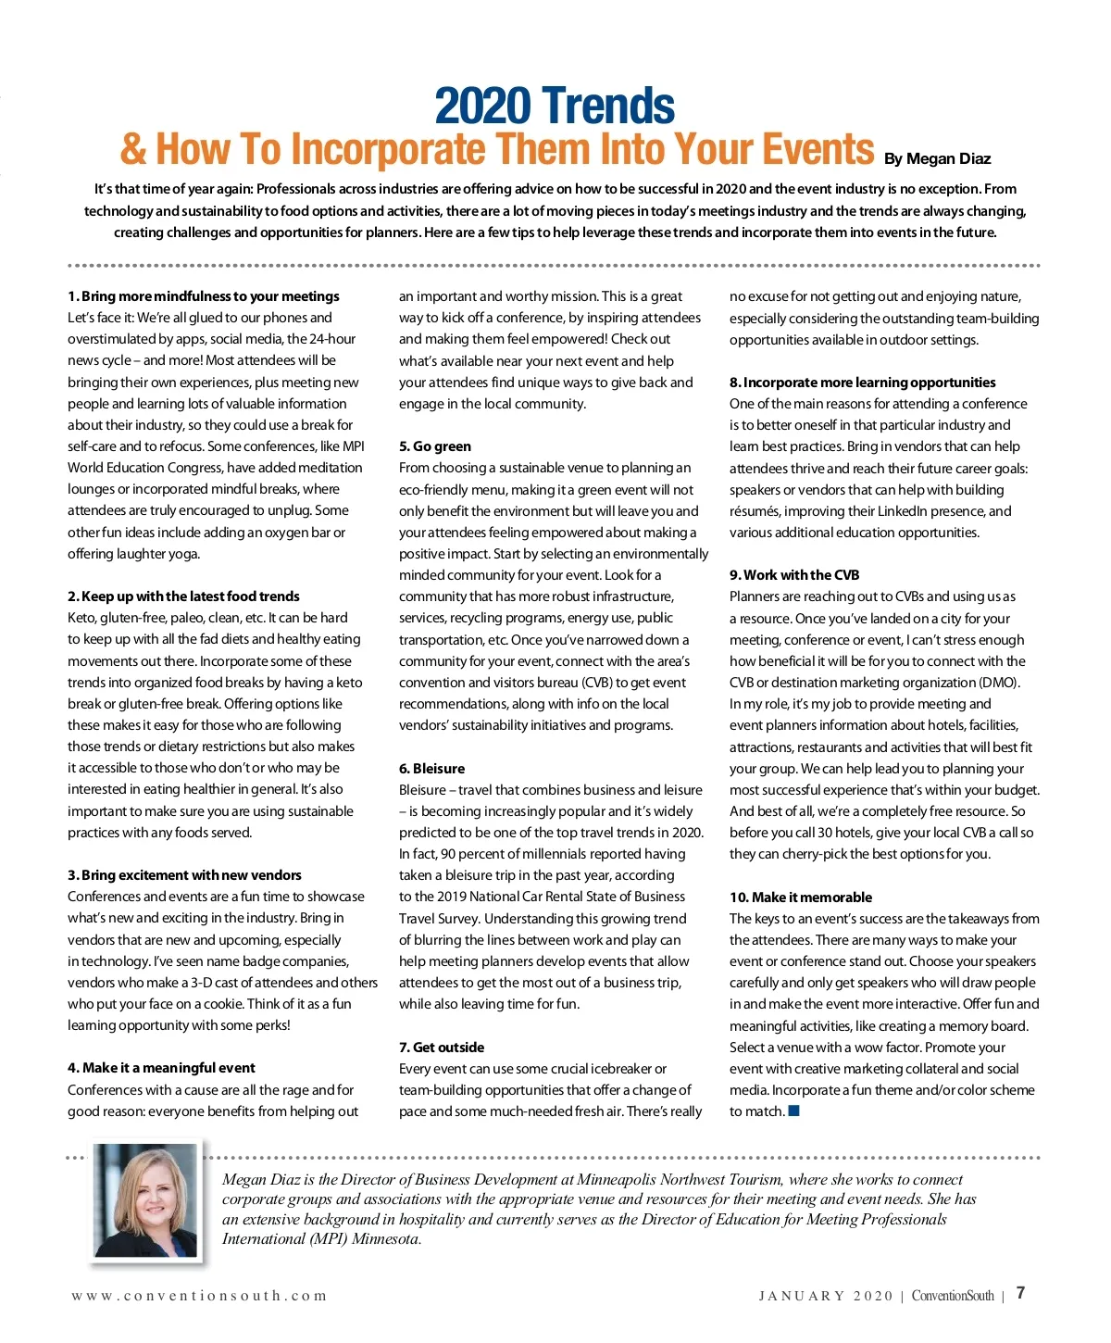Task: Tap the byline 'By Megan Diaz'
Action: point(937,158)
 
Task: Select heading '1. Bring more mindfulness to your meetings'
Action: point(204,296)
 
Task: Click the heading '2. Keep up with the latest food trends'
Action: point(183,596)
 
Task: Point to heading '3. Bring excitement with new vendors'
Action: point(184,875)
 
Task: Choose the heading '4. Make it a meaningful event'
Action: point(161,1068)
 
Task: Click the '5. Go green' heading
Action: point(435,446)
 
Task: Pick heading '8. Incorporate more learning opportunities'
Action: point(863,383)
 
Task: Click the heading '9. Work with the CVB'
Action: point(794,575)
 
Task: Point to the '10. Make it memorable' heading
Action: point(801,897)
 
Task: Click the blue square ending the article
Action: point(793,1111)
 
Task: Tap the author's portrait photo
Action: point(145,1201)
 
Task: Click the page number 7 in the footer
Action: point(1020,1293)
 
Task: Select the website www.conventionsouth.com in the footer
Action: point(199,1296)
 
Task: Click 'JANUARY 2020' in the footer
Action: point(826,1296)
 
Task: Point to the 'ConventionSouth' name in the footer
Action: point(953,1296)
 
